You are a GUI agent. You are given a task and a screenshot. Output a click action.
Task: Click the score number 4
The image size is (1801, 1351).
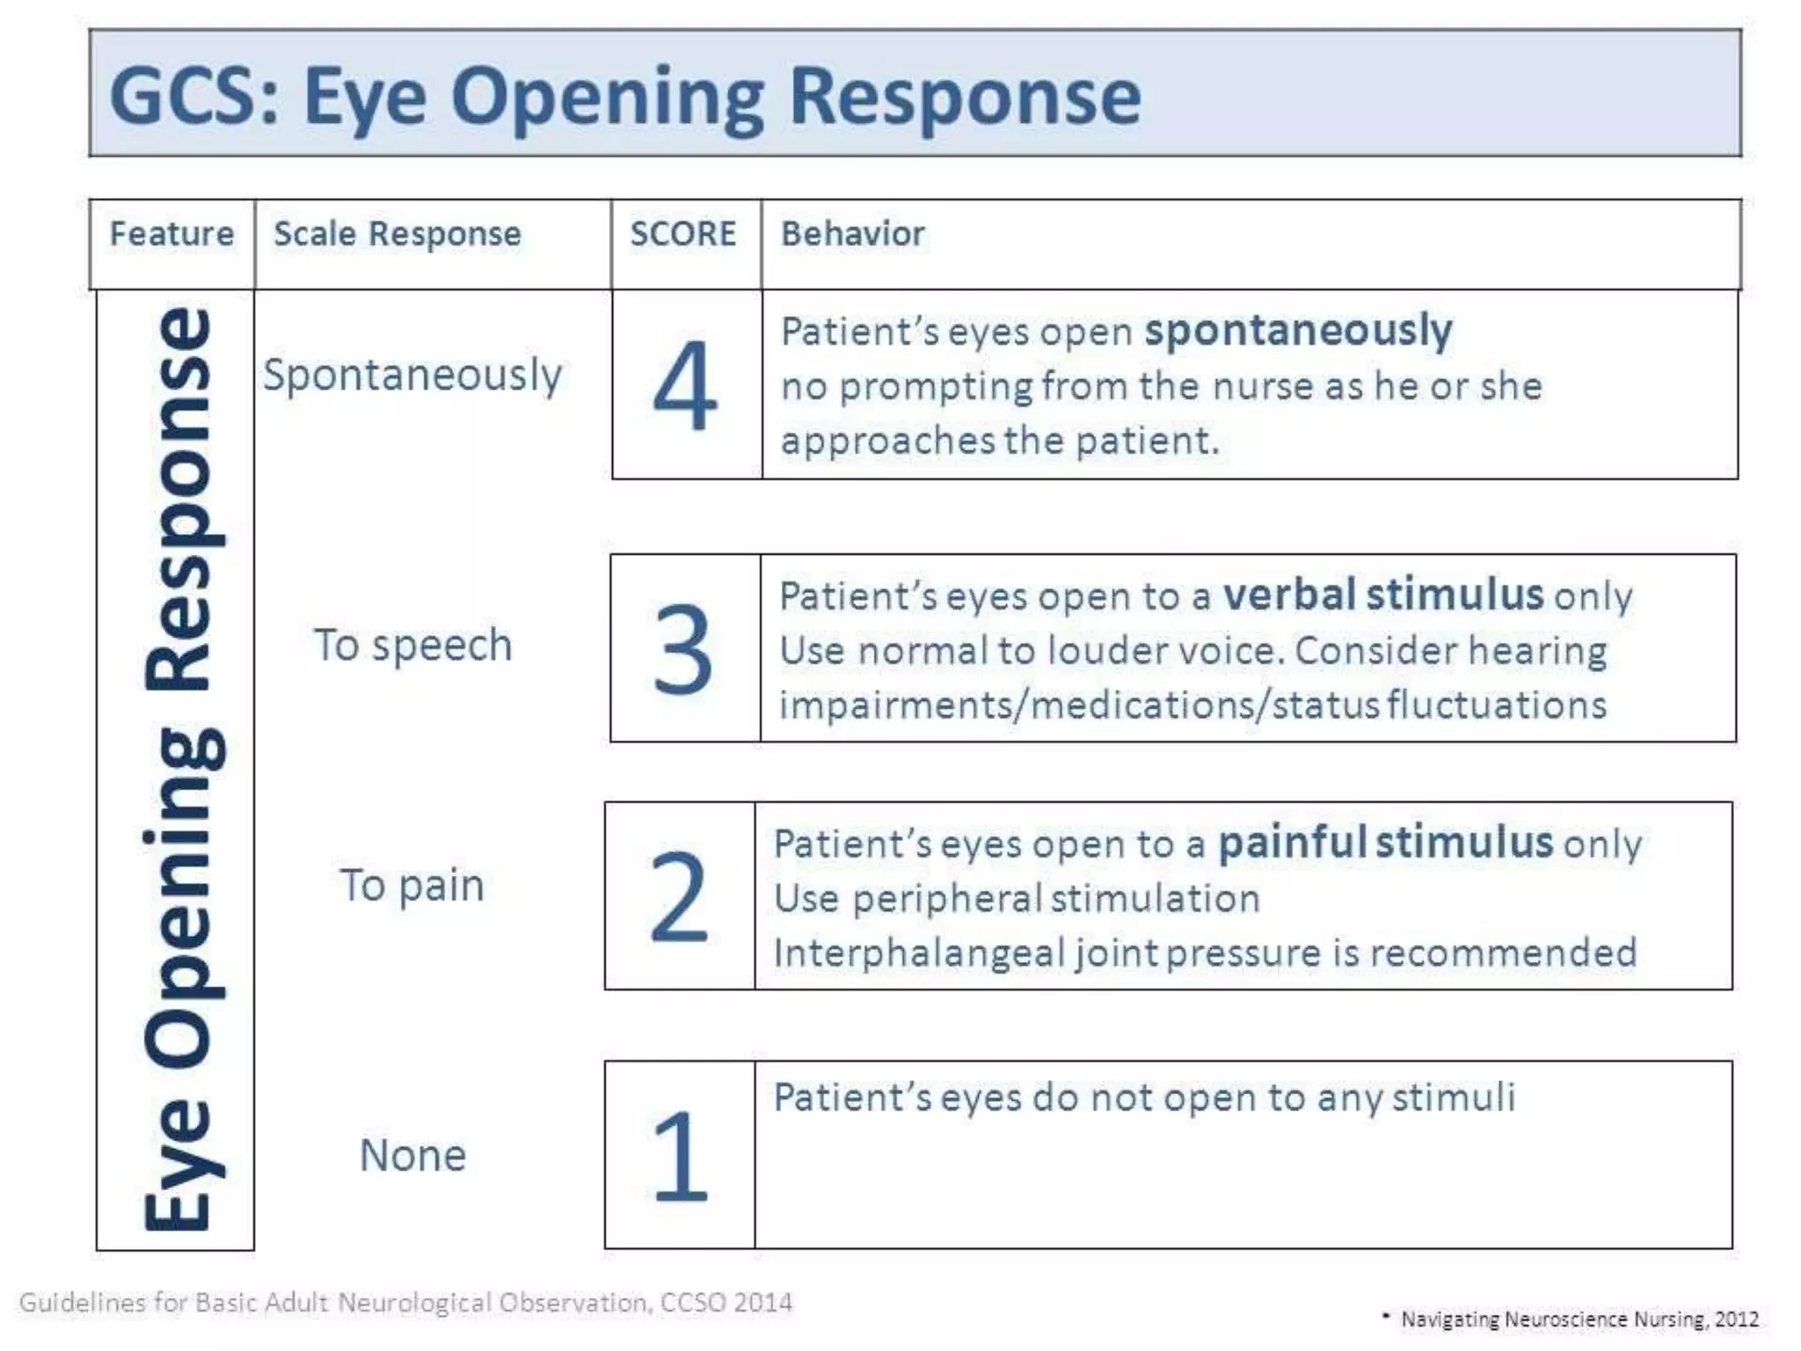(x=685, y=386)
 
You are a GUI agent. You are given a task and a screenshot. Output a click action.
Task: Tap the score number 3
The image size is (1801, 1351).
(x=682, y=649)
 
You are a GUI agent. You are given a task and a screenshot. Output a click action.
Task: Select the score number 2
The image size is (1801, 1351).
(x=679, y=896)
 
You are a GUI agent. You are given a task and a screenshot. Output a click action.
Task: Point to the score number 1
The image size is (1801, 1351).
(x=680, y=1156)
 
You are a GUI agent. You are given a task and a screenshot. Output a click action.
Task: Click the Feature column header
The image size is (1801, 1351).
(x=171, y=235)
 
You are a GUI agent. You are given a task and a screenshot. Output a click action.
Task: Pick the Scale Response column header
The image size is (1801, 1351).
(x=397, y=235)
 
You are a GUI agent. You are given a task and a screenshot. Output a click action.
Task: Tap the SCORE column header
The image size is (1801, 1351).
(x=683, y=235)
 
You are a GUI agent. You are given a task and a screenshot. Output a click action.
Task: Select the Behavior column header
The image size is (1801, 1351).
(x=852, y=235)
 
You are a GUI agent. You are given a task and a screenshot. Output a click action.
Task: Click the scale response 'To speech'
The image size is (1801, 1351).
(x=412, y=646)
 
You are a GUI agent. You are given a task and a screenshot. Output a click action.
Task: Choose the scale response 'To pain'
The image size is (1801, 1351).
(x=412, y=886)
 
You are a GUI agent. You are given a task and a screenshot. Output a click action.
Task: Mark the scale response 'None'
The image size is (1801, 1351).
(x=412, y=1156)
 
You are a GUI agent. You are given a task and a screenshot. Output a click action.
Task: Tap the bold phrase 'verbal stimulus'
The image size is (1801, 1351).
(x=1382, y=595)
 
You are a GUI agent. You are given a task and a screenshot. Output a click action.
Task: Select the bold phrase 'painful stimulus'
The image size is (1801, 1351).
(x=1384, y=843)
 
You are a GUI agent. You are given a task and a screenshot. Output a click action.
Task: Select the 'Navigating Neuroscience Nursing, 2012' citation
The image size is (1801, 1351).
(x=1579, y=1319)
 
